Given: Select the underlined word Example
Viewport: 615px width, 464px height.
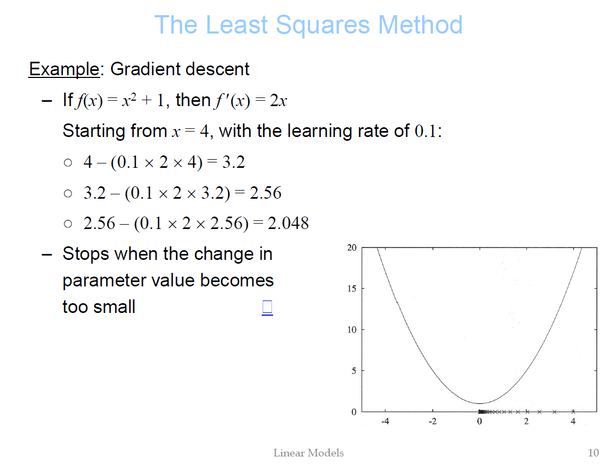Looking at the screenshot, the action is click(x=64, y=69).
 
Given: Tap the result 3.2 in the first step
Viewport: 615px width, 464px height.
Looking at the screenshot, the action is click(x=234, y=162).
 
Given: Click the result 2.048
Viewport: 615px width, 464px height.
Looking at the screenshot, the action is click(x=288, y=224).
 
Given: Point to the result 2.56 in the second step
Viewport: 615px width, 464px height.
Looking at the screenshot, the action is click(x=266, y=193).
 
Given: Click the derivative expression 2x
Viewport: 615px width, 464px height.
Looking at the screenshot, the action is click(x=278, y=101).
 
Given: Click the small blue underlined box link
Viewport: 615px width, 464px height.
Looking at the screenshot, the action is click(x=267, y=308).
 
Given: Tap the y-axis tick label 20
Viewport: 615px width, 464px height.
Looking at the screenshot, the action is click(x=352, y=247).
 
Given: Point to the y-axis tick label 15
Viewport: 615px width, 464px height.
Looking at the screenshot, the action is click(x=352, y=289).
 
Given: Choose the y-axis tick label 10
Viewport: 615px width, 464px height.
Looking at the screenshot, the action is click(x=352, y=330).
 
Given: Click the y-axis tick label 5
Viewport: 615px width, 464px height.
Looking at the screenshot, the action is click(x=354, y=371).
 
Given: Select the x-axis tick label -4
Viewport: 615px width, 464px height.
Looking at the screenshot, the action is click(x=385, y=422).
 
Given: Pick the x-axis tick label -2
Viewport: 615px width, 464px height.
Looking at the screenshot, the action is click(x=432, y=422).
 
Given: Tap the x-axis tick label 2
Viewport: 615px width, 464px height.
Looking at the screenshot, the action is click(x=526, y=422).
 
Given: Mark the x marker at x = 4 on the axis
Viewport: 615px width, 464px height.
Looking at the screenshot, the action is click(x=573, y=411).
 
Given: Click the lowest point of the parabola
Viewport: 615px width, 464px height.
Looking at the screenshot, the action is click(x=480, y=403).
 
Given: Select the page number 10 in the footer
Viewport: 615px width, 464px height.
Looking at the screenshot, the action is click(x=593, y=453).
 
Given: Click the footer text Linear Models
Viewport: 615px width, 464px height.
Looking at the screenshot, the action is click(x=309, y=453).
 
